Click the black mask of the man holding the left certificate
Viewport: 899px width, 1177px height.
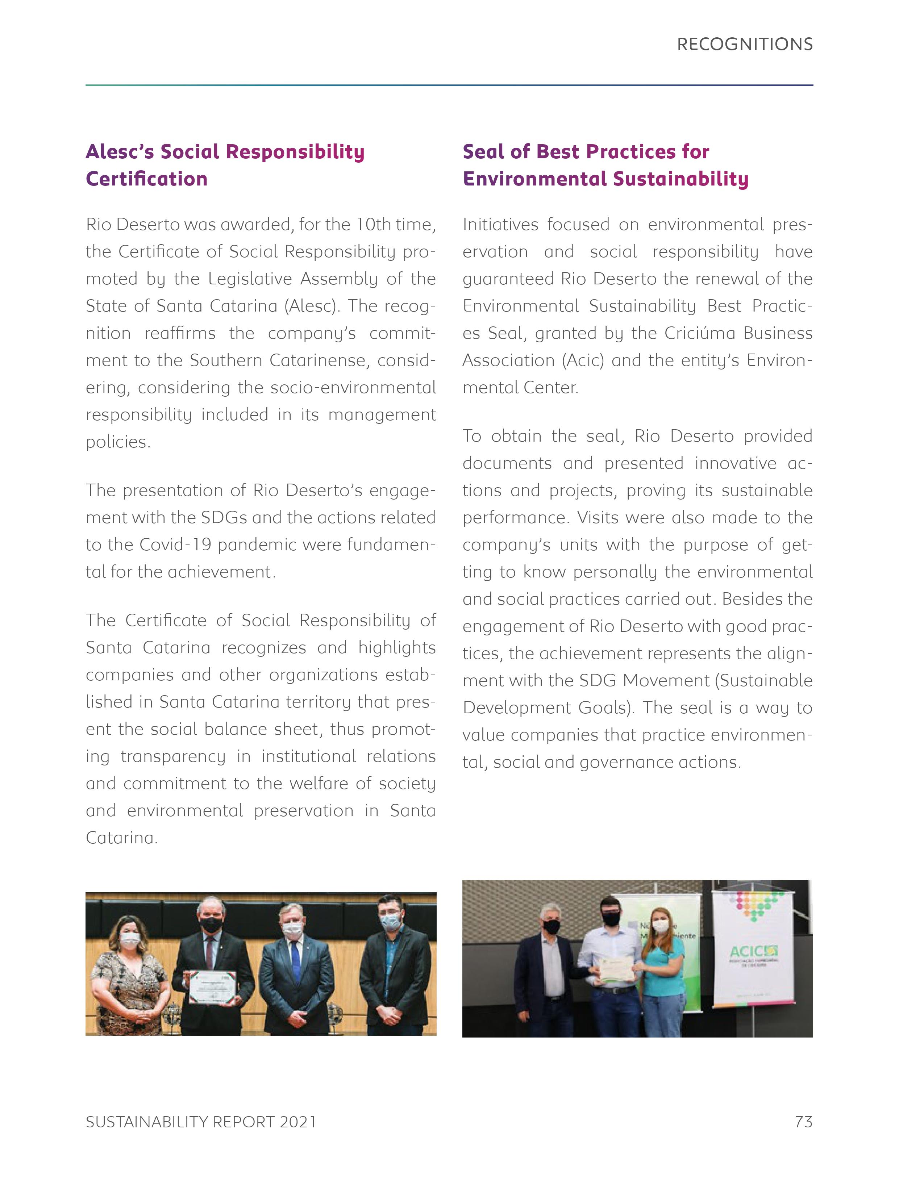click(x=211, y=924)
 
